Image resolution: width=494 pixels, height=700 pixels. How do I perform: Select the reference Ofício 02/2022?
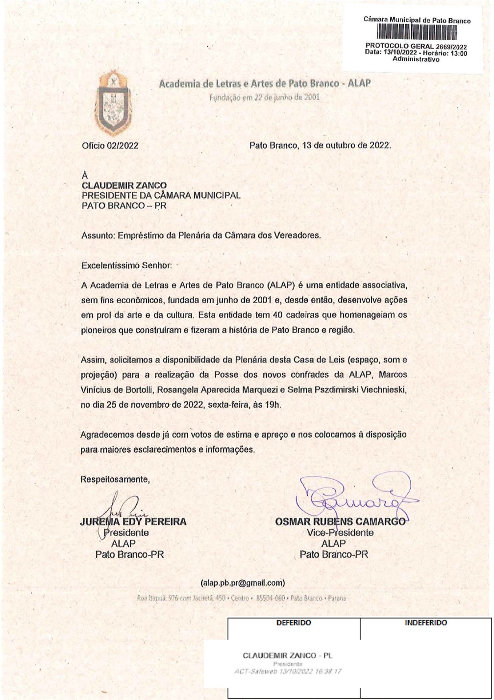click(110, 146)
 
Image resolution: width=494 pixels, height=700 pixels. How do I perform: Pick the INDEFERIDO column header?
click(426, 622)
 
